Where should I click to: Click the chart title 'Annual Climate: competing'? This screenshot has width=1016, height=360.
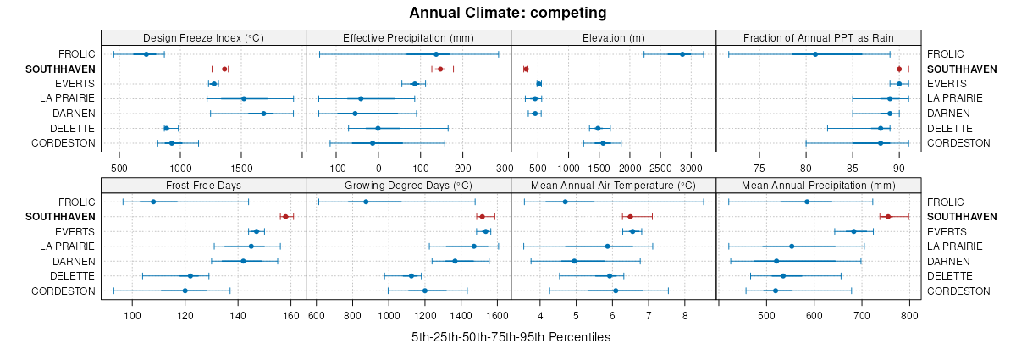pyautogui.click(x=507, y=13)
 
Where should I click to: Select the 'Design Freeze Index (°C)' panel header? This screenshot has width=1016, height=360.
pyautogui.click(x=203, y=37)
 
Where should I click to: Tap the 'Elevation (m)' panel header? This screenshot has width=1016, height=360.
pyautogui.click(x=613, y=37)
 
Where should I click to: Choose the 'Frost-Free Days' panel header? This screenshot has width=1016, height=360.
pyautogui.click(x=203, y=186)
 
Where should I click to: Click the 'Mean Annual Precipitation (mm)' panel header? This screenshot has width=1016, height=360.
pyautogui.click(x=818, y=186)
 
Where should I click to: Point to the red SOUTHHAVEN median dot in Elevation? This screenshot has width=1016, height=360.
pyautogui.click(x=526, y=69)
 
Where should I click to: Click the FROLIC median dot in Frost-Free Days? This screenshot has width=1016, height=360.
pyautogui.click(x=153, y=202)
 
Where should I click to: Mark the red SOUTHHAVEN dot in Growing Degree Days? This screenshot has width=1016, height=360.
pyautogui.click(x=482, y=217)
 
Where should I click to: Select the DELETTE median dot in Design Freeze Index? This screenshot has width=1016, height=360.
pyautogui.click(x=166, y=128)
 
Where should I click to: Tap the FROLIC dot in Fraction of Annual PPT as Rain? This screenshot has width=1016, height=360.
pyautogui.click(x=815, y=54)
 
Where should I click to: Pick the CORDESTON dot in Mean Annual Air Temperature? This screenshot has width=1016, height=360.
pyautogui.click(x=616, y=291)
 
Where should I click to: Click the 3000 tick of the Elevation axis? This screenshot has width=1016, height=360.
pyautogui.click(x=691, y=167)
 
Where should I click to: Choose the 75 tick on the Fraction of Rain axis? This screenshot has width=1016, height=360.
pyautogui.click(x=759, y=167)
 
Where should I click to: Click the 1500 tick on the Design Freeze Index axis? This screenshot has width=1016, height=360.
pyautogui.click(x=241, y=167)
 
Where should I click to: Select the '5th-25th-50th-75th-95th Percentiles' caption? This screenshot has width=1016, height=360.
pyautogui.click(x=511, y=337)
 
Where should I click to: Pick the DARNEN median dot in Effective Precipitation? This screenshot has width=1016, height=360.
pyautogui.click(x=355, y=114)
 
